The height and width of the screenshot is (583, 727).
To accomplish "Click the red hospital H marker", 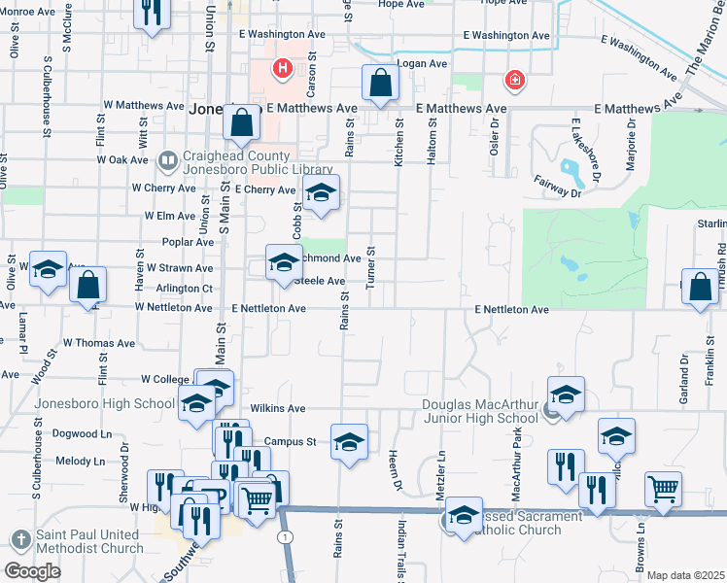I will click(x=282, y=69).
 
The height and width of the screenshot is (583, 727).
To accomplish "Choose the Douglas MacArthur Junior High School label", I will click(x=478, y=412).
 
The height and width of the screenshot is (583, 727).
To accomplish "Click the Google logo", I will click(x=33, y=571).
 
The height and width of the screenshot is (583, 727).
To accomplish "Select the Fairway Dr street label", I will click(x=557, y=187).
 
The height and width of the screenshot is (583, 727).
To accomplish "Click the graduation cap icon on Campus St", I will click(x=349, y=442).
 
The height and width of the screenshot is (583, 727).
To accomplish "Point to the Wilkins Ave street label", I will click(x=278, y=409).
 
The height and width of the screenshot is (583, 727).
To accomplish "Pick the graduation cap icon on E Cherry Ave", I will click(x=321, y=192).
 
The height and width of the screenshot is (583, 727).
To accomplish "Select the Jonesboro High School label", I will click(x=105, y=403).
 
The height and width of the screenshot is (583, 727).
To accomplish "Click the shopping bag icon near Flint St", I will click(x=87, y=286).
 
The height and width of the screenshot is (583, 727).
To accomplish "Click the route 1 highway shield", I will click(x=284, y=536).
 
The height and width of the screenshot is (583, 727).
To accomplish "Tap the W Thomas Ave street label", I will click(x=99, y=343).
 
